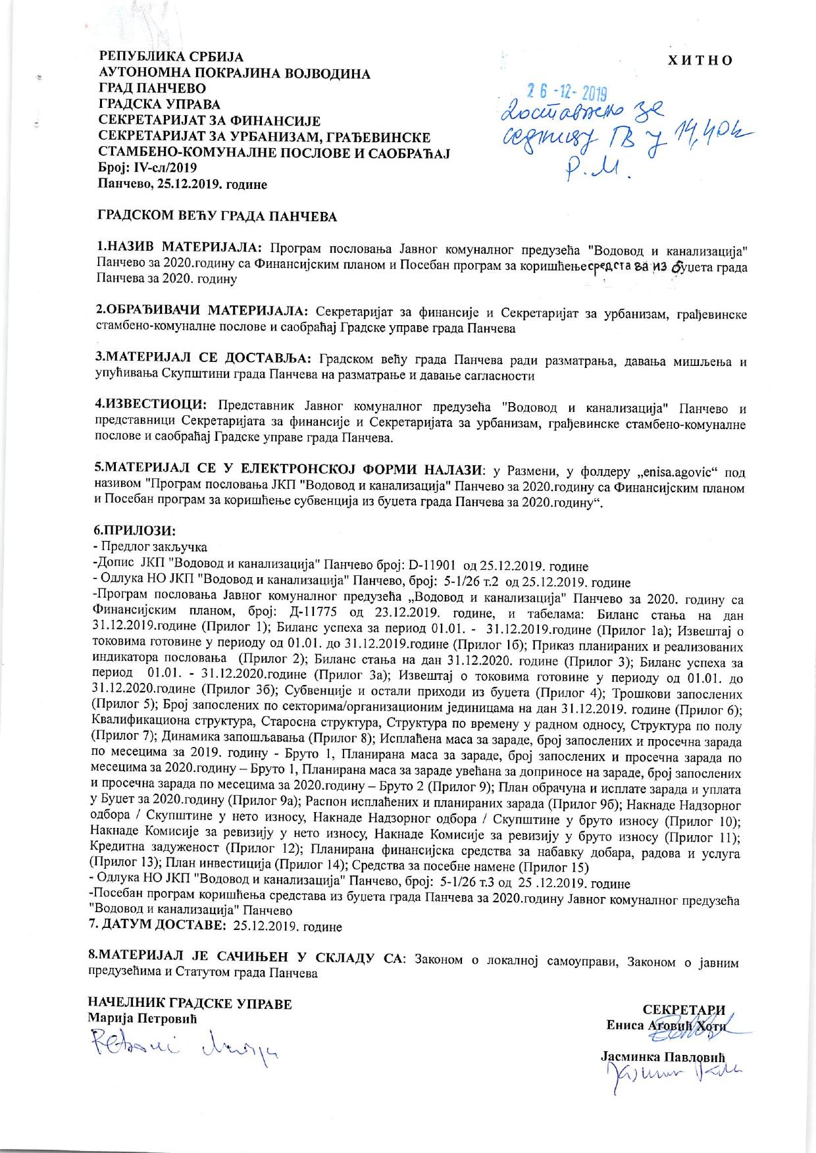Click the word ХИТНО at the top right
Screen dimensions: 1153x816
[x=700, y=60]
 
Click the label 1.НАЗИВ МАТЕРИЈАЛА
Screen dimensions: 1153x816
[x=179, y=248]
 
